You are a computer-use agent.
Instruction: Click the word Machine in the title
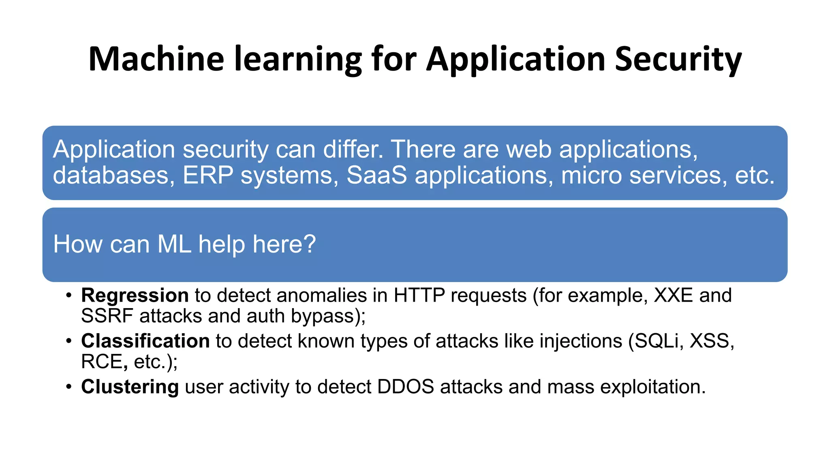point(156,59)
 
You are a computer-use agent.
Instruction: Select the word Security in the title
point(678,59)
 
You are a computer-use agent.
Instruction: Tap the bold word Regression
point(135,295)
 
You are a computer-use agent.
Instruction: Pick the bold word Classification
point(145,341)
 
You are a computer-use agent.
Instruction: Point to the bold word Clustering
point(130,387)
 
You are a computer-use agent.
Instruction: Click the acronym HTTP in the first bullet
point(419,295)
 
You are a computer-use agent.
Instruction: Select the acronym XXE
point(674,295)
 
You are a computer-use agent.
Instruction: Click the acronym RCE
point(102,362)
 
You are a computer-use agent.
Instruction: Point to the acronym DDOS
point(406,387)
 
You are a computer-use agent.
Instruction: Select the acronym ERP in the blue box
point(208,175)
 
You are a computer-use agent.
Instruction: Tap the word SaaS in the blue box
point(376,175)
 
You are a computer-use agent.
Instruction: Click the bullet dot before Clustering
point(69,387)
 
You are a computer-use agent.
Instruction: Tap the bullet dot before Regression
point(69,296)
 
